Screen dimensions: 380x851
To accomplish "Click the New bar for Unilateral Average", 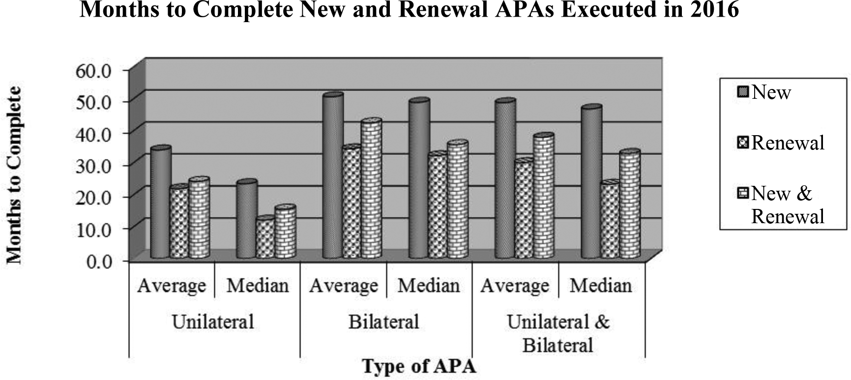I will pyautogui.click(x=161, y=203).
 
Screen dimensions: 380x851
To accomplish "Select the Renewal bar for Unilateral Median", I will pyautogui.click(x=265, y=237).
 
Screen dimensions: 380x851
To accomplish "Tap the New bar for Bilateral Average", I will pyautogui.click(x=333, y=175).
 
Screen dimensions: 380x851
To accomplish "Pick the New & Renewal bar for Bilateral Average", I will pyautogui.click(x=371, y=189).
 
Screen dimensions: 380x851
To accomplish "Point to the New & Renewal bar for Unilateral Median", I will pyautogui.click(x=285, y=232).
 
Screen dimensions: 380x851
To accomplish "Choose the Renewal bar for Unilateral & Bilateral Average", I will pyautogui.click(x=524, y=209).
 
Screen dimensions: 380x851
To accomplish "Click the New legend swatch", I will pyautogui.click(x=743, y=92).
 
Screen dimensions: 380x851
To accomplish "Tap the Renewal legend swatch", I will pyautogui.click(x=743, y=143).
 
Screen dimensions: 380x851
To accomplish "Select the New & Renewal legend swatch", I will pyautogui.click(x=743, y=194).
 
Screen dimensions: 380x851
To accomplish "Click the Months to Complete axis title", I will pyautogui.click(x=14, y=175).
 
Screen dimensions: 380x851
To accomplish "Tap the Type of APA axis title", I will pyautogui.click(x=419, y=366).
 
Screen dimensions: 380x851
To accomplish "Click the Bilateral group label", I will pyautogui.click(x=383, y=322).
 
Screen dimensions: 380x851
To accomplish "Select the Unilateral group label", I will pyautogui.click(x=213, y=322).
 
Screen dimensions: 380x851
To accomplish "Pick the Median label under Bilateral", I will pyautogui.click(x=429, y=286).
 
